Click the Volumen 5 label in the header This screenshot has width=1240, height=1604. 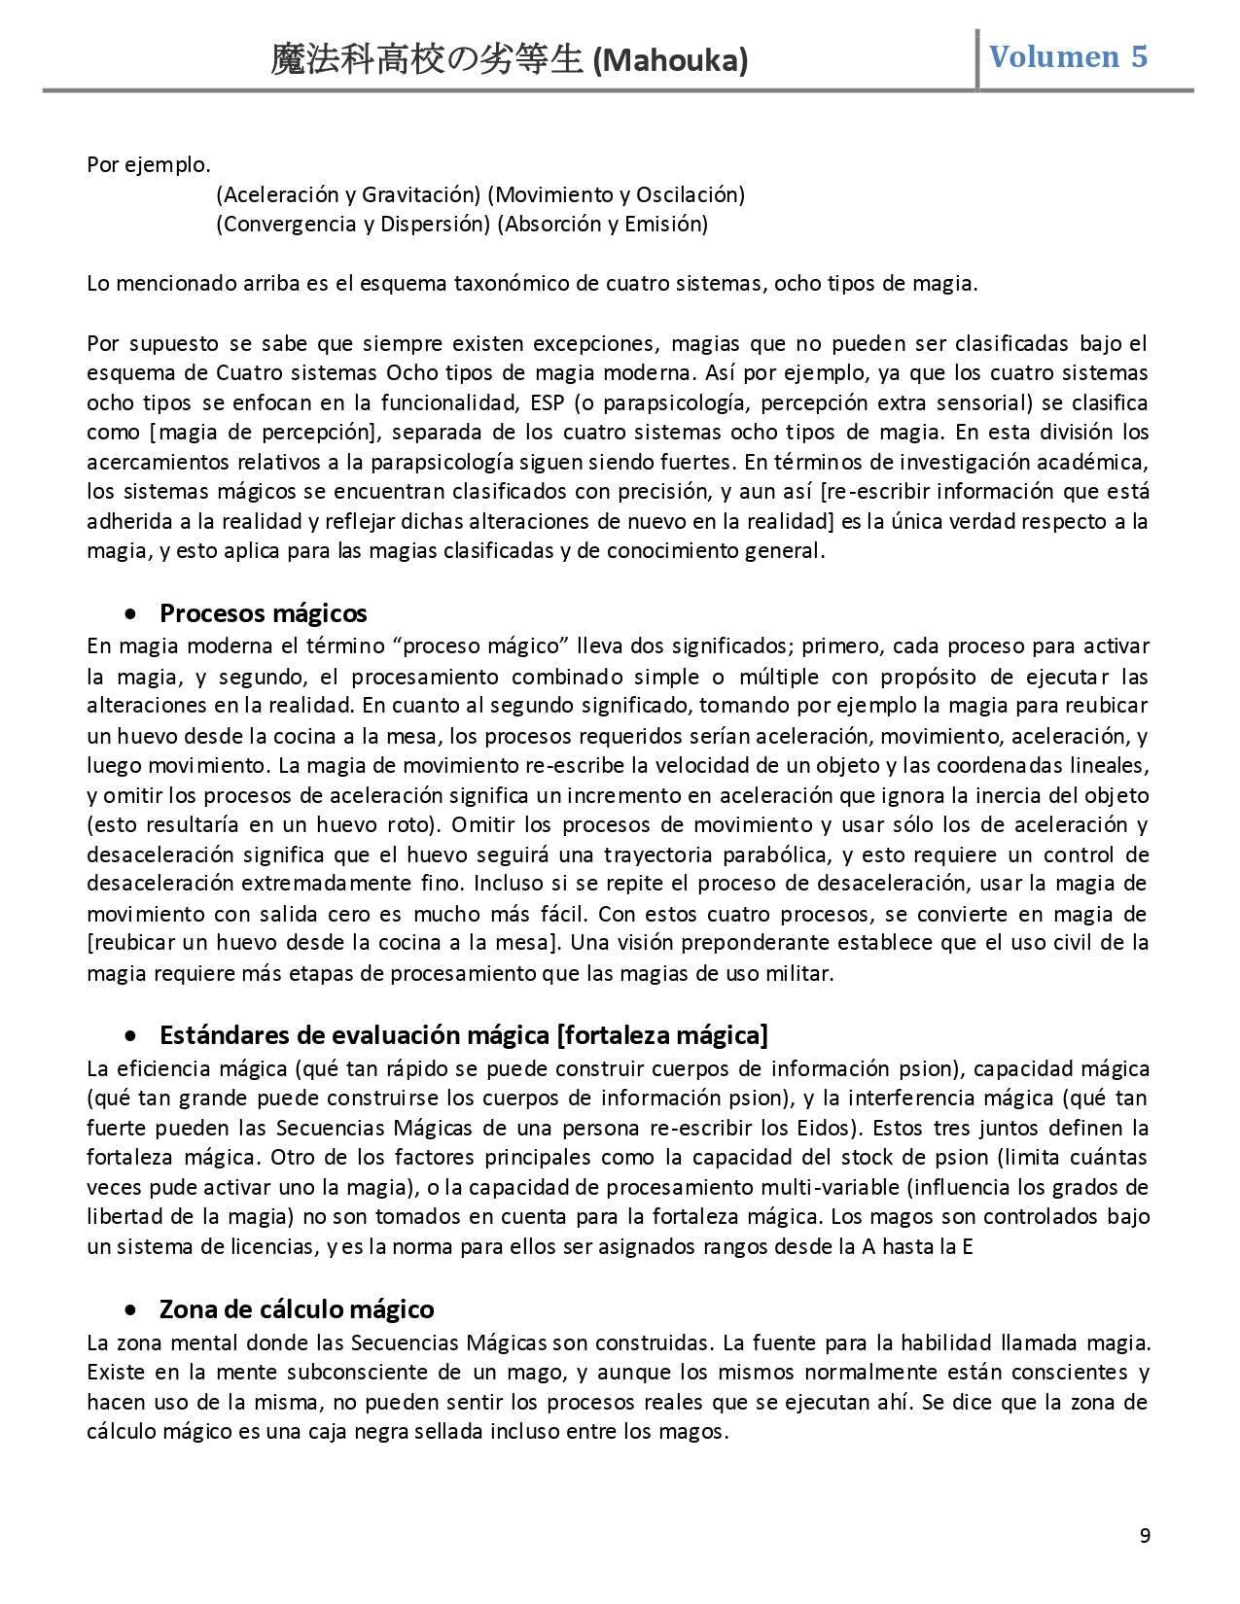click(x=1068, y=57)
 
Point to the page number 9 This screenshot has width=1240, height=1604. click(x=1145, y=1536)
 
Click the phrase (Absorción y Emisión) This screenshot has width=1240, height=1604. click(x=602, y=225)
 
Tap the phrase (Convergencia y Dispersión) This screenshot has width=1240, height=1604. click(x=352, y=225)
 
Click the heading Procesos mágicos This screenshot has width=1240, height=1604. click(x=264, y=613)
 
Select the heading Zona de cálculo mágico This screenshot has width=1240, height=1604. click(x=297, y=1309)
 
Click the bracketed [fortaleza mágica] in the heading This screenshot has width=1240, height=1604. click(x=661, y=1034)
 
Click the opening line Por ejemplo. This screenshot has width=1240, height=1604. click(x=149, y=164)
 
